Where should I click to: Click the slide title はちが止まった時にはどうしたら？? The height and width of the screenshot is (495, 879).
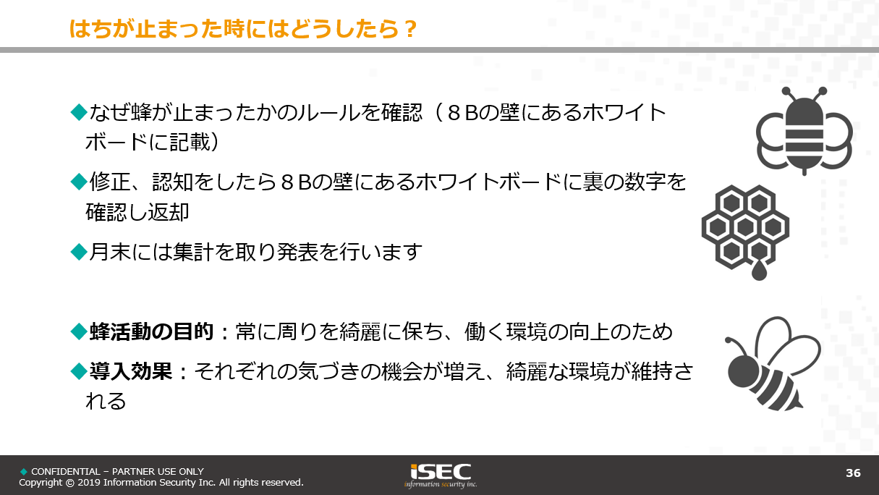click(x=242, y=29)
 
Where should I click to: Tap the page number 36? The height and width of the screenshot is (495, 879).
click(x=853, y=473)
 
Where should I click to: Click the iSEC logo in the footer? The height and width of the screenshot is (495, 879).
click(x=441, y=475)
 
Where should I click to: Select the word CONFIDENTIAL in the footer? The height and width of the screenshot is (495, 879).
click(x=66, y=471)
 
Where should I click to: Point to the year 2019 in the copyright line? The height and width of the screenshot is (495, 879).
click(x=89, y=483)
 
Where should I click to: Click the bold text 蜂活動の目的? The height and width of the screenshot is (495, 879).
click(x=151, y=331)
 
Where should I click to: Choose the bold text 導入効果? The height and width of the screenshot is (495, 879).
click(x=131, y=371)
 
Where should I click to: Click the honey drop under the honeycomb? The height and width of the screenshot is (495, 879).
click(x=759, y=271)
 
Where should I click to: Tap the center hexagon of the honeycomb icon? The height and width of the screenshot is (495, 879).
click(x=745, y=227)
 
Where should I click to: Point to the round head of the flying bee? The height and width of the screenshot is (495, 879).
click(x=742, y=371)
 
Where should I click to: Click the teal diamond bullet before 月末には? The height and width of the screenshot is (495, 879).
click(x=79, y=252)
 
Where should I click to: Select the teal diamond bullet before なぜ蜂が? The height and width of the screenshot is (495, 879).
click(x=79, y=112)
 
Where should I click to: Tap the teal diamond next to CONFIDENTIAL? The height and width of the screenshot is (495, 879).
click(x=24, y=471)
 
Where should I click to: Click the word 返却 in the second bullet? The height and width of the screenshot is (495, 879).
click(x=169, y=212)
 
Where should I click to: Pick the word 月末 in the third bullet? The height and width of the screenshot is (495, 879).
click(x=110, y=252)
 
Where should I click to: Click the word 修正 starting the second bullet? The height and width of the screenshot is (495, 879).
click(x=110, y=182)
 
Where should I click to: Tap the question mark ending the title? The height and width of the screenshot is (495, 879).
click(x=409, y=29)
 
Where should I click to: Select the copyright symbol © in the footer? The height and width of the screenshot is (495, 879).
click(x=69, y=483)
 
